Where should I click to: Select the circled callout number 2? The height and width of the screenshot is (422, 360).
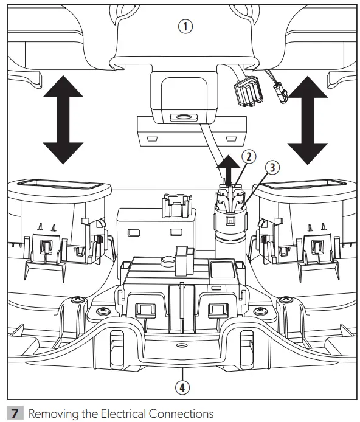tap(247, 156)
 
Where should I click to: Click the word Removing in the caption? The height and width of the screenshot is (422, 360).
tap(50, 413)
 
